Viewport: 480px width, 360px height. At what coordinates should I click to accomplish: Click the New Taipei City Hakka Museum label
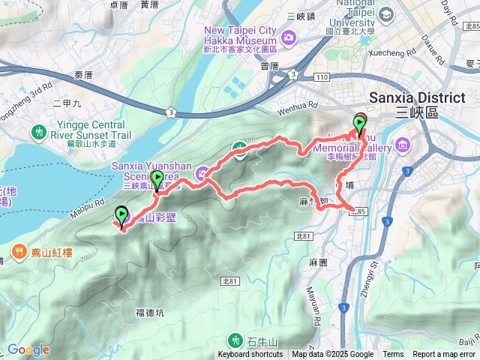[241, 36]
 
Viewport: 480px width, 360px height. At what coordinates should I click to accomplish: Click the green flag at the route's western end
[121, 215]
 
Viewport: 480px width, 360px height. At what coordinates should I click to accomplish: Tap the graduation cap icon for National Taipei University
[386, 14]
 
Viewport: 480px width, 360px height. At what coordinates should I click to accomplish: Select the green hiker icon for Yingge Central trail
[39, 132]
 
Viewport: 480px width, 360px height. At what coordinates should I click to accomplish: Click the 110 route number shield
[322, 77]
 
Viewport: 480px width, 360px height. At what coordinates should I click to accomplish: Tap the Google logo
[28, 349]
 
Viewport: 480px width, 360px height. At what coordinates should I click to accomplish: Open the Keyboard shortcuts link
[250, 355]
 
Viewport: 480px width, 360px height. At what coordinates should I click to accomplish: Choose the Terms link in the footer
[393, 355]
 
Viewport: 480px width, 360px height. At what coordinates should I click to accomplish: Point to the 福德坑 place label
[151, 312]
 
